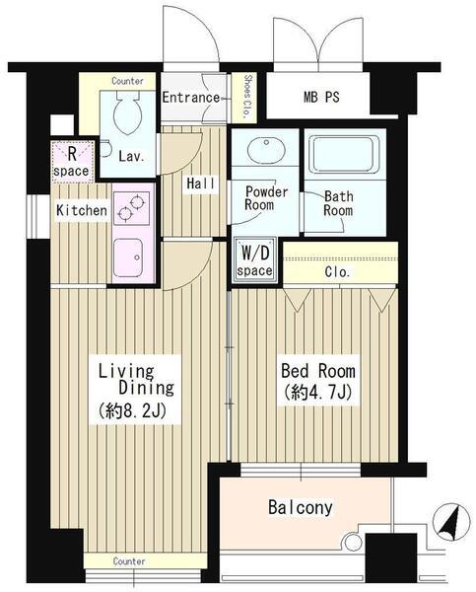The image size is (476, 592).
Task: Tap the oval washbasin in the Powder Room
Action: click(266, 150)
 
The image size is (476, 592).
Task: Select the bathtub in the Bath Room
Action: click(344, 154)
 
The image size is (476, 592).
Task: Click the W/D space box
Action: click(255, 259)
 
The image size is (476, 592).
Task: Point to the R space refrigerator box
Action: click(72, 162)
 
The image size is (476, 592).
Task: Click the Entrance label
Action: click(191, 98)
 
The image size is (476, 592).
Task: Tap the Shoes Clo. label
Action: click(247, 97)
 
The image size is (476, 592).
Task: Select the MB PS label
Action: click(321, 97)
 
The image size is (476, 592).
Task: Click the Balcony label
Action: click(301, 507)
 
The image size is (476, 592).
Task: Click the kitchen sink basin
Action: click(128, 258)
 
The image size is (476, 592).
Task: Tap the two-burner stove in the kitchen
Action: click(131, 208)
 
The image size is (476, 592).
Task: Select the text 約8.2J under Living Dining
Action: click(132, 411)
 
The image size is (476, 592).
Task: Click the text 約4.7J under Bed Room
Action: click(318, 393)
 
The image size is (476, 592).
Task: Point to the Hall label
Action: click(201, 184)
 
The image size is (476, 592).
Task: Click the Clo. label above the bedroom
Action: click(337, 272)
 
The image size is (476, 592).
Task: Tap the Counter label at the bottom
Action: click(129, 561)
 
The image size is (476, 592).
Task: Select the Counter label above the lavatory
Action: click(127, 81)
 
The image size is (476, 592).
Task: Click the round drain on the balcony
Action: click(353, 542)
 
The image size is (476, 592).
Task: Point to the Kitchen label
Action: click(82, 210)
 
